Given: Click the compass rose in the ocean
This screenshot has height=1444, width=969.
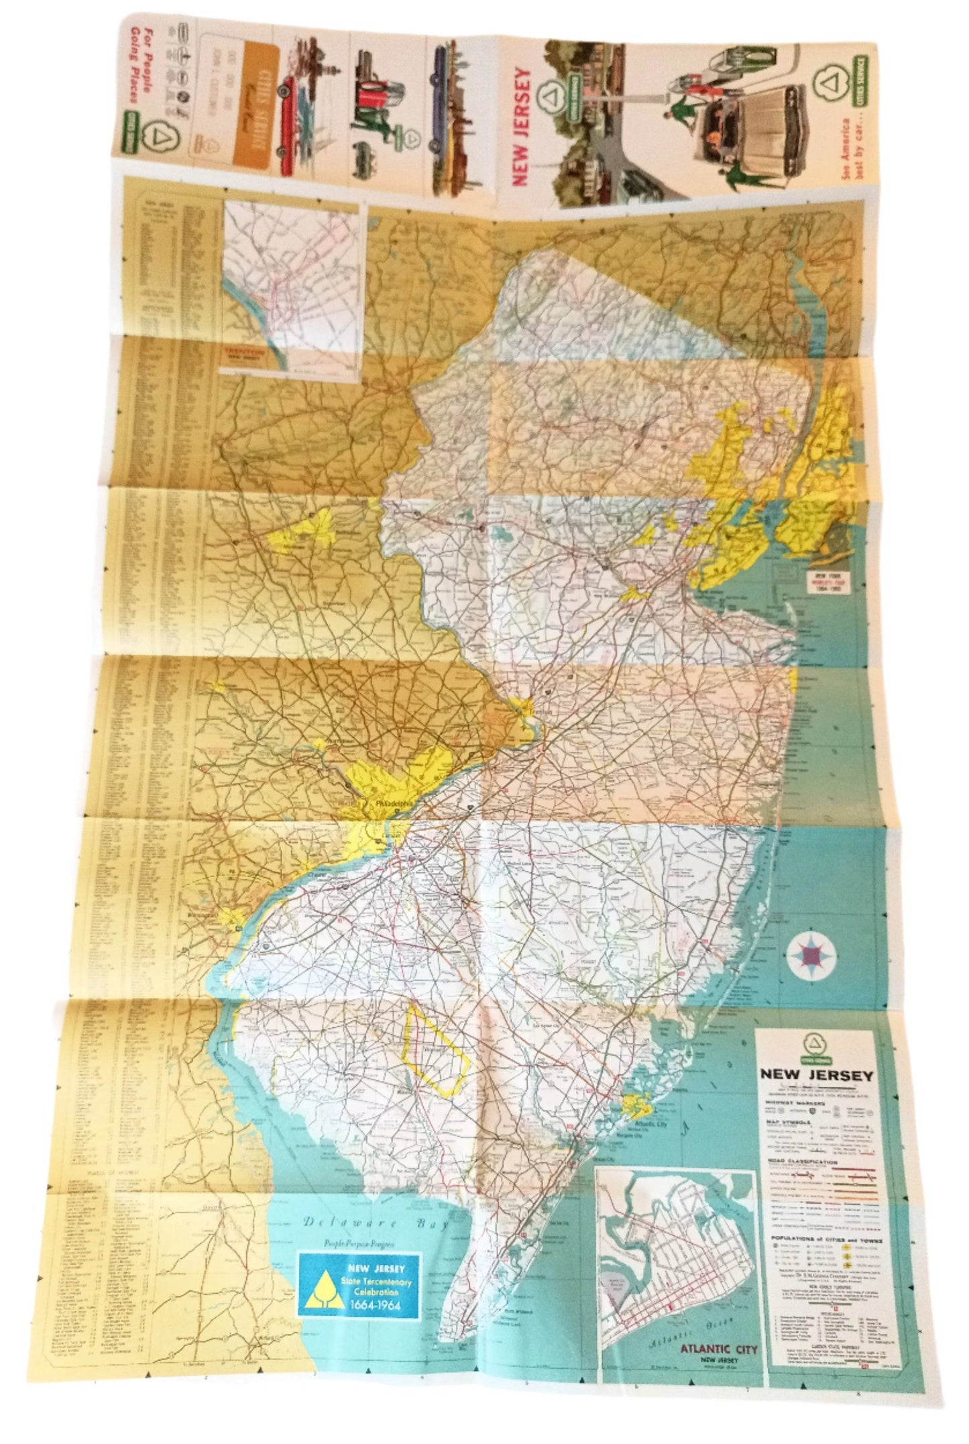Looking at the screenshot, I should click(811, 953).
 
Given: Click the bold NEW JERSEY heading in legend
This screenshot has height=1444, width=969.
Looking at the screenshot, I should click(816, 1075).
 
